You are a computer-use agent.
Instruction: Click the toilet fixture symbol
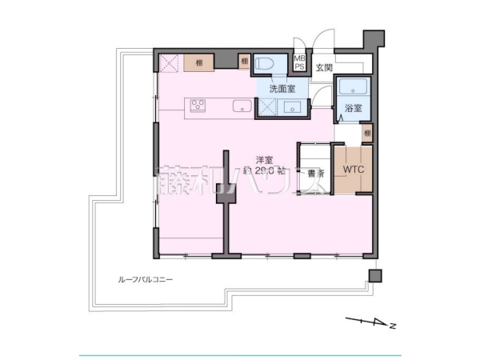tap(266, 64)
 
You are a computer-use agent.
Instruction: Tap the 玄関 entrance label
tap(323, 68)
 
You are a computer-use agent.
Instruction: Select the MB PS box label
tap(300, 62)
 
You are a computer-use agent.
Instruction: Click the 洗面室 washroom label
tap(282, 88)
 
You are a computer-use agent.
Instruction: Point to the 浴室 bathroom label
tap(352, 107)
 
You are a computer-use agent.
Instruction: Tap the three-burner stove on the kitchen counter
tap(198, 106)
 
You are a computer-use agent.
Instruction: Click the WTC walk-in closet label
tap(353, 170)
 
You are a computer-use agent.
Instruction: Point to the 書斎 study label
tap(314, 172)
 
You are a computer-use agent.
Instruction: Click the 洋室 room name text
tap(265, 158)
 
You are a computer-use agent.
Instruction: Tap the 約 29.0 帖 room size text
tap(265, 171)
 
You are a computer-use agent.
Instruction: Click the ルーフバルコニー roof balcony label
tap(145, 281)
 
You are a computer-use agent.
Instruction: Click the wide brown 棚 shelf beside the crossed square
tap(198, 62)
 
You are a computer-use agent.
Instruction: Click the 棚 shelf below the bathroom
tap(366, 131)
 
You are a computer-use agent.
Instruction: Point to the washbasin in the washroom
tap(292, 107)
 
